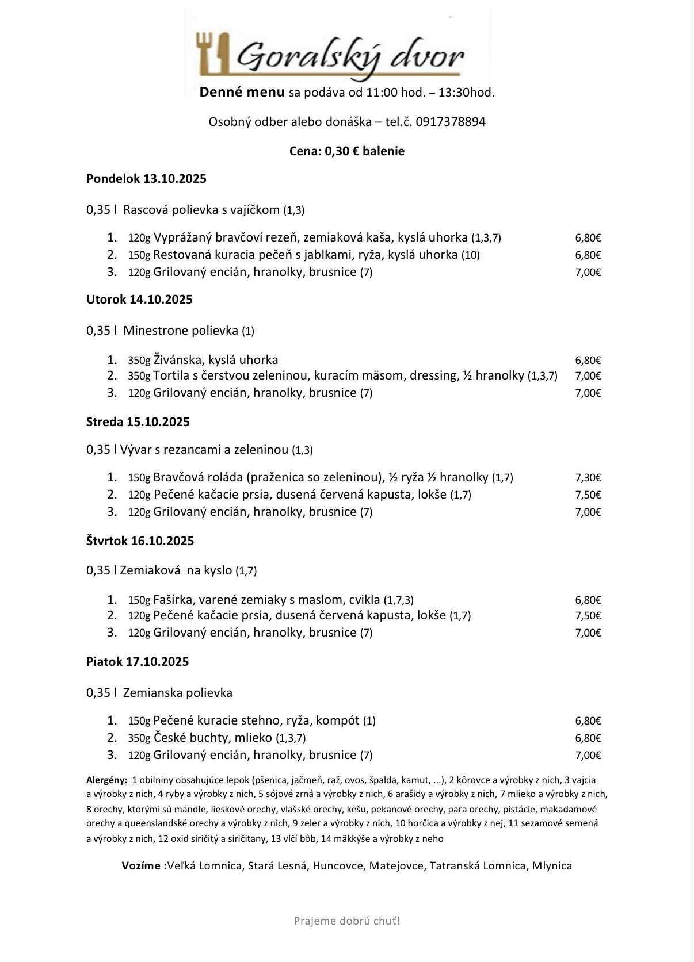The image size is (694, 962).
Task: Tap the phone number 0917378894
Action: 450,122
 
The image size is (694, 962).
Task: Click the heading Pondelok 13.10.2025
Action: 146,179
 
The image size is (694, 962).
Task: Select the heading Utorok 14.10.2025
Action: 139,300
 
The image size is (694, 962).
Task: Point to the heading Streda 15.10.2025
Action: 138,422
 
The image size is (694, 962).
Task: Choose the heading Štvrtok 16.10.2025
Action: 140,541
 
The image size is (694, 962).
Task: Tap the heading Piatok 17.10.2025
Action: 138,662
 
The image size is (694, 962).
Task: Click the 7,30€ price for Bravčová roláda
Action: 588,478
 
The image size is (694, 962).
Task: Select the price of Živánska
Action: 588,361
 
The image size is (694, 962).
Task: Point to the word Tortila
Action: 172,376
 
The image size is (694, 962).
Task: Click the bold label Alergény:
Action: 106,780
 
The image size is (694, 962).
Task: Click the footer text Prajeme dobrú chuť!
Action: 347,921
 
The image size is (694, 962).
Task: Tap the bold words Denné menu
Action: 242,92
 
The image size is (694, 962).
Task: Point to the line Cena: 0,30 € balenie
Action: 347,151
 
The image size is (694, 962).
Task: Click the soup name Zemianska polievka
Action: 178,693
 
